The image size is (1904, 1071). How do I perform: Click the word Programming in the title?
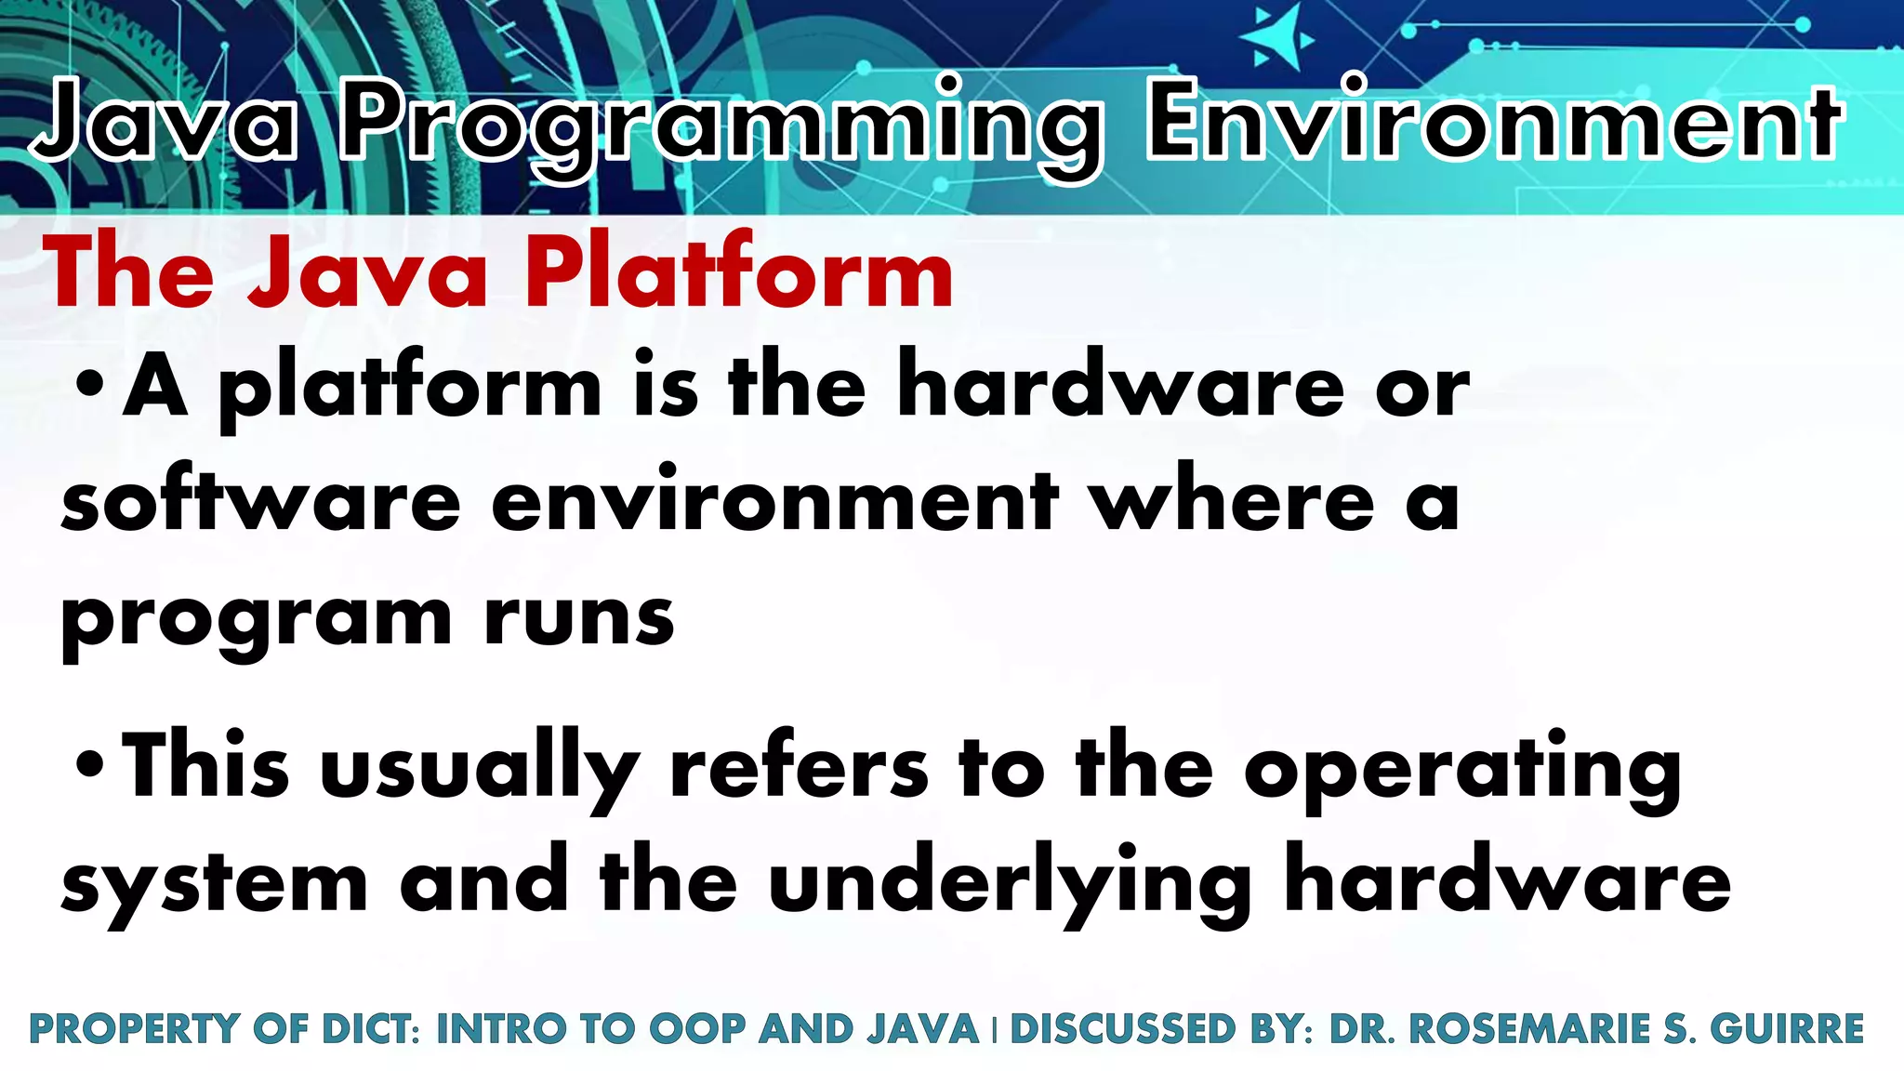tap(721, 126)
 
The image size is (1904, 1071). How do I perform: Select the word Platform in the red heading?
tap(739, 272)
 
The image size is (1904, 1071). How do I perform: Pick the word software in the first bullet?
tap(261, 502)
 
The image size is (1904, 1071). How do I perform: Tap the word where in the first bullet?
tap(1232, 502)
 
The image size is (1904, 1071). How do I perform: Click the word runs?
tap(578, 617)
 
